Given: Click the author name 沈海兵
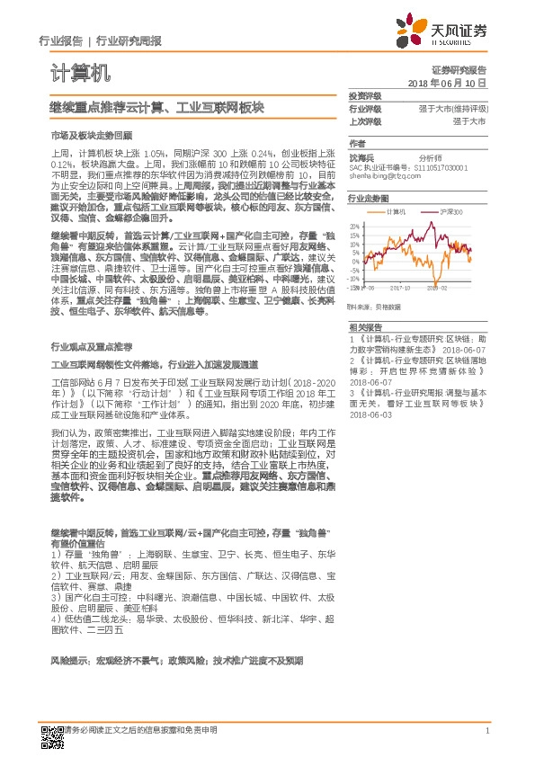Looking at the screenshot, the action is coord(361,156).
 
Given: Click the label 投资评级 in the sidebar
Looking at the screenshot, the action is coord(365,95).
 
